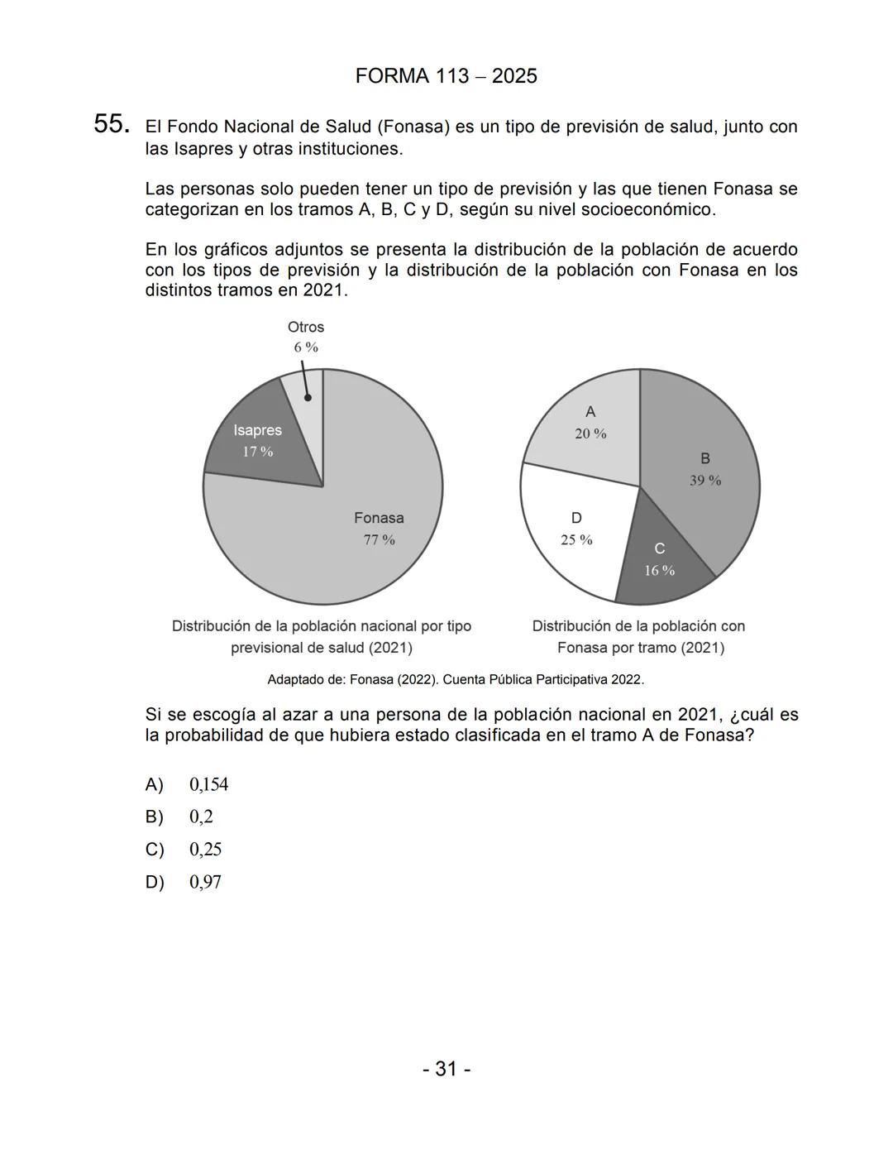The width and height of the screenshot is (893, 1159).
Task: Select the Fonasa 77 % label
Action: [379, 529]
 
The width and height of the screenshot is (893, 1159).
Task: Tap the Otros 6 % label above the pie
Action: [306, 337]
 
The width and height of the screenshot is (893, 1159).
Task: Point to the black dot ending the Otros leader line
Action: [308, 397]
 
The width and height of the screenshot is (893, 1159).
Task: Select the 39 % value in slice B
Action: [705, 481]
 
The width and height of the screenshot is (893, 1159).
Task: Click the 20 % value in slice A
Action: [590, 433]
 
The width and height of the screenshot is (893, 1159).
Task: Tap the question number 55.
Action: [112, 124]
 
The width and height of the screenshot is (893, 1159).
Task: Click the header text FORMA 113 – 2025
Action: [446, 76]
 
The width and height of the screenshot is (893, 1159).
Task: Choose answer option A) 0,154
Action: [187, 784]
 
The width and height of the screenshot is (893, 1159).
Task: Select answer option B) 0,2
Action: [179, 817]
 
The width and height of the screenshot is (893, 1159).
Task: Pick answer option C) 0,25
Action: [184, 850]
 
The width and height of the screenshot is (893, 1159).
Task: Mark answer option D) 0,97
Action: [184, 882]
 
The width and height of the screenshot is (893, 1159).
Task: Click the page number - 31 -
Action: [446, 1069]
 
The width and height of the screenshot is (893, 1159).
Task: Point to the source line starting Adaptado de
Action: [456, 679]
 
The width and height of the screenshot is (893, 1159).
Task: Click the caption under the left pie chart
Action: [322, 637]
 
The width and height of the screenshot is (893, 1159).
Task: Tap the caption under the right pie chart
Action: [639, 637]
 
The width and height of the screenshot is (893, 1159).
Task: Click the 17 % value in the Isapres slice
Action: [257, 452]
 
